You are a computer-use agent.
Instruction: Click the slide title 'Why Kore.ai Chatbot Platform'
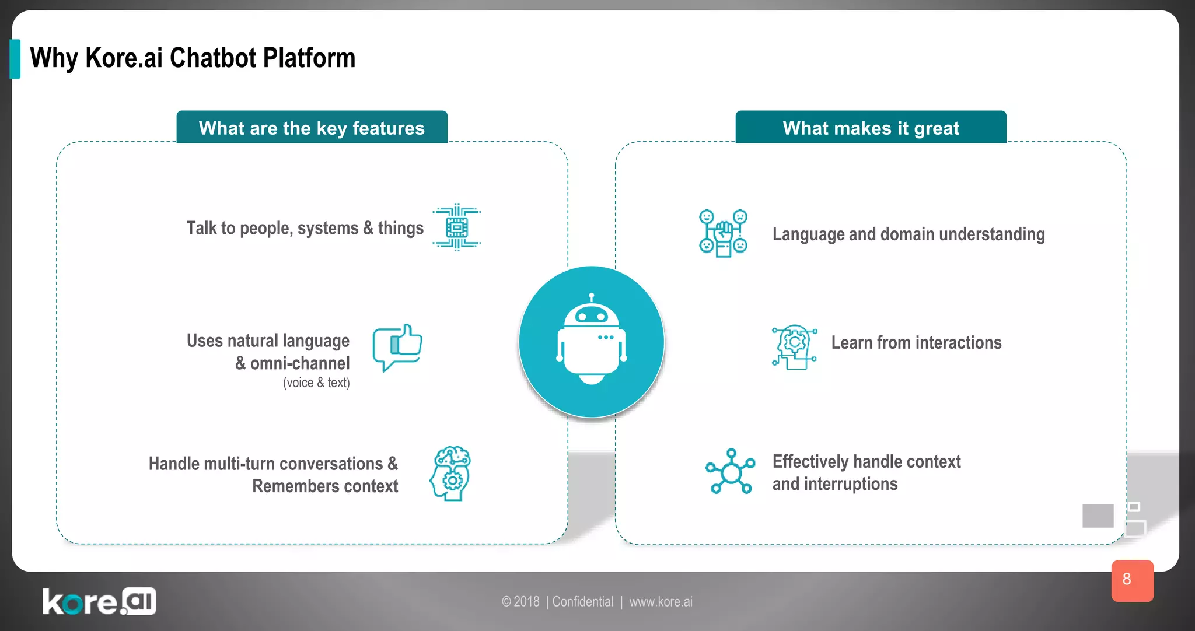(193, 58)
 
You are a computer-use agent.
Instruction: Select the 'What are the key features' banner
(312, 128)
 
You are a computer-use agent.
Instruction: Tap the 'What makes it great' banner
(871, 128)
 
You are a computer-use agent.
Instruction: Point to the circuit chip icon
(456, 227)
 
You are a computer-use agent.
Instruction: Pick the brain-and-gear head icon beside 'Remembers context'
(451, 474)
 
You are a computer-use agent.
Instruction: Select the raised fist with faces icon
(723, 233)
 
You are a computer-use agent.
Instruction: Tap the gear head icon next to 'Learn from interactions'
(794, 347)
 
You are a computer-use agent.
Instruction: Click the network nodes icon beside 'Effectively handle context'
(730, 471)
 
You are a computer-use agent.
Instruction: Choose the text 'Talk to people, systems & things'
(305, 228)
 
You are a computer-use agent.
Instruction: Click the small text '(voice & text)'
(316, 383)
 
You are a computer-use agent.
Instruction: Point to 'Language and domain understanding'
(909, 234)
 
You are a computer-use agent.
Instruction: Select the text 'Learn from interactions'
(916, 343)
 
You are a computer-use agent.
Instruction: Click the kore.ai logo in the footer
(99, 601)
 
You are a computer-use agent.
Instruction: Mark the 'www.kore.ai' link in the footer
(661, 602)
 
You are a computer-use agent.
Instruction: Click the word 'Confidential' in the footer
(582, 602)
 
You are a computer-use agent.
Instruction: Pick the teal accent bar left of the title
(15, 59)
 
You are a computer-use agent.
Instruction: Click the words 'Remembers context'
(325, 486)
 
